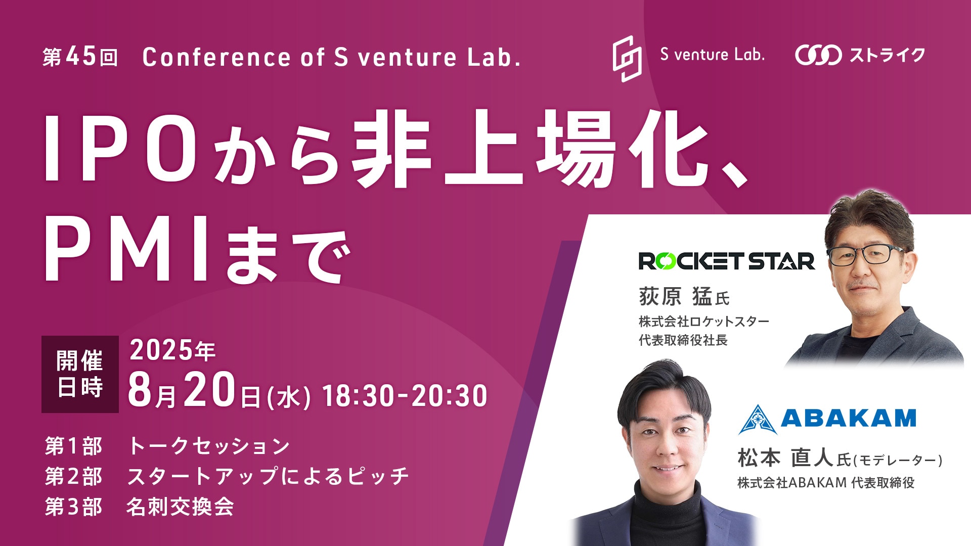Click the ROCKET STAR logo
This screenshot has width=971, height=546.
coord(727,261)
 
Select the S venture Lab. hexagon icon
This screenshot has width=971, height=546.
coord(627,59)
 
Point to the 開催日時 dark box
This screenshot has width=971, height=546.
coord(80,374)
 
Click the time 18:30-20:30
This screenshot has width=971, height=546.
coord(405,395)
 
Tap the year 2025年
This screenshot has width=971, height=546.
coord(172,350)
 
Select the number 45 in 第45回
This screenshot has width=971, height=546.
coord(81,56)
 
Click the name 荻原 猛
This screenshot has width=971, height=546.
coord(675,296)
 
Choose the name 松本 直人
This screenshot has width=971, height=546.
coord(785,458)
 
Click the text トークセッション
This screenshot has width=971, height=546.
coord(209,446)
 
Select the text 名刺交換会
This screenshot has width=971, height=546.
coord(180,507)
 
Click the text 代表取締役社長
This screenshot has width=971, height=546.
coord(683,340)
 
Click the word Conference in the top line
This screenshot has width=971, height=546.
coord(216,57)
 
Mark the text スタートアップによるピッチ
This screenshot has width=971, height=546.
coord(268,476)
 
